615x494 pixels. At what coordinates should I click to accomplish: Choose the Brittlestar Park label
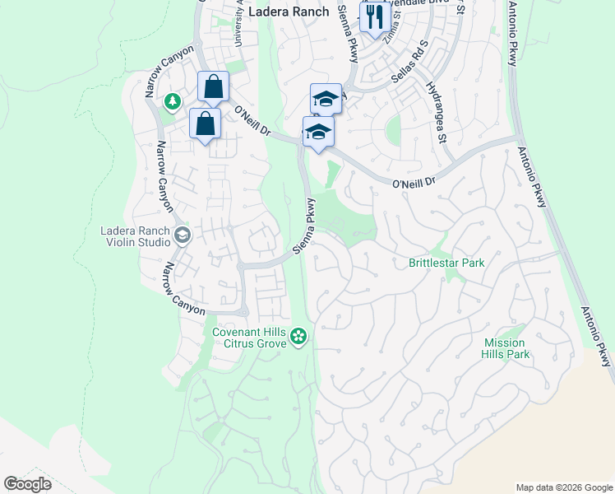coord(446,263)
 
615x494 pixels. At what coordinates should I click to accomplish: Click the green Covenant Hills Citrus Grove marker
coord(299,335)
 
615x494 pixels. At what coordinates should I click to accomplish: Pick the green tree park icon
coord(172,101)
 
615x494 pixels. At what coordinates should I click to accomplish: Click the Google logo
coord(26,483)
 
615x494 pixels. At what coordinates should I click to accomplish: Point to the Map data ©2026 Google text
coord(563,487)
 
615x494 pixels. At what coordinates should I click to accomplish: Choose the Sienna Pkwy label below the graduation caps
coord(303,226)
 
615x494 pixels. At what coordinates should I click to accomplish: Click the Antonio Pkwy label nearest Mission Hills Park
coord(598,338)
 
